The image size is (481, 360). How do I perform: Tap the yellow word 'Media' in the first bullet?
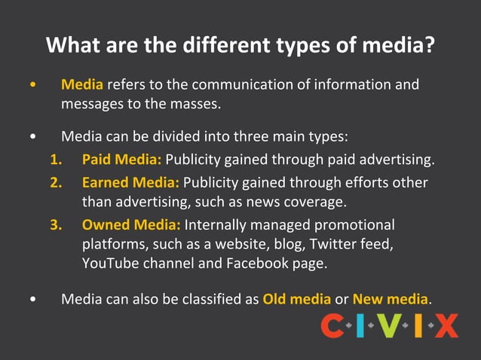82,84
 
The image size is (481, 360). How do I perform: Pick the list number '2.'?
57,182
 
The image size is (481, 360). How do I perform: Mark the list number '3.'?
57,224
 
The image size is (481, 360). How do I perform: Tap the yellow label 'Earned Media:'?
130,182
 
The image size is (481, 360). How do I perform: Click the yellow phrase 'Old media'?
297,299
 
